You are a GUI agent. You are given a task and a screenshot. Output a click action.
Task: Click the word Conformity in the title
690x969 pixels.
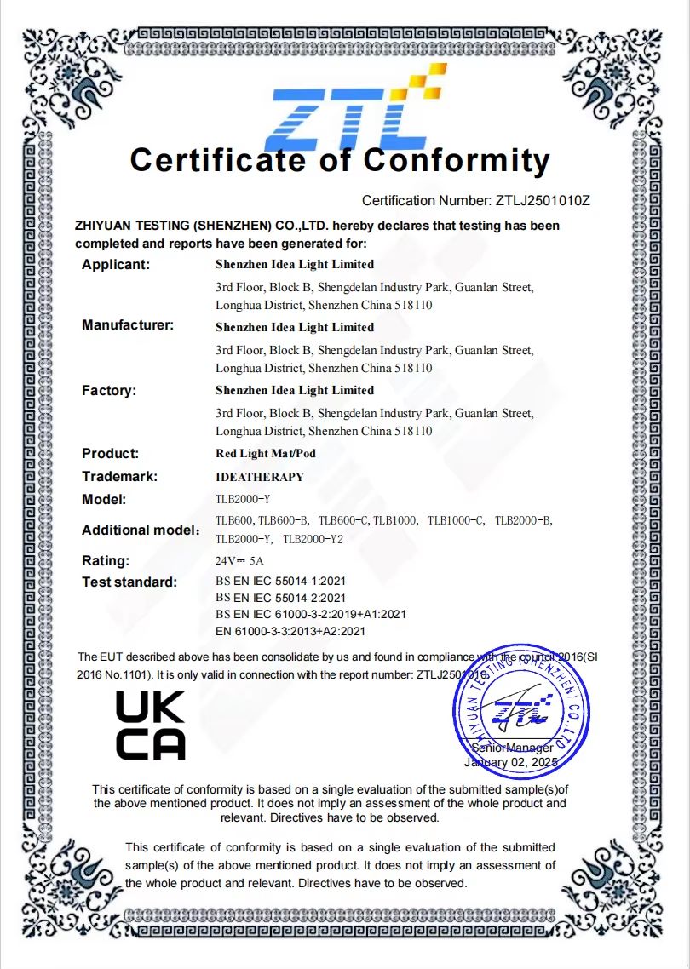[457, 159]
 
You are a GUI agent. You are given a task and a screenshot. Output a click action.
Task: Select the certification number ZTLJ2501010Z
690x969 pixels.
[543, 201]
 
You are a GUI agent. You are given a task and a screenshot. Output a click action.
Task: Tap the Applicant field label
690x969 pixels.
[116, 264]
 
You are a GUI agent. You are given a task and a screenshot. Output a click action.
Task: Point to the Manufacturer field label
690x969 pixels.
[128, 324]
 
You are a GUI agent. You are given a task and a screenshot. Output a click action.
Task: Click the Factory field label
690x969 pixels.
[109, 390]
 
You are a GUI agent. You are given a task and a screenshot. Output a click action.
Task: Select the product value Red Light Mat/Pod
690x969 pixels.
[266, 454]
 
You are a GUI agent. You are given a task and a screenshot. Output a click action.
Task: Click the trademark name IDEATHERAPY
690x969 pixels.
[260, 477]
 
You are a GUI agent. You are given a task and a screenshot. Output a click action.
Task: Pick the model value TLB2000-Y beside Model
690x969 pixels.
[243, 500]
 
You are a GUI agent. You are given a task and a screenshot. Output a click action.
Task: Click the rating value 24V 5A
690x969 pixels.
[239, 561]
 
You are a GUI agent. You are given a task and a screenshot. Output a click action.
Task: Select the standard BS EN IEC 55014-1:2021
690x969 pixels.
[280, 582]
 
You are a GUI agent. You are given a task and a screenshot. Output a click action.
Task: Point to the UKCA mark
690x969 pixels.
[150, 725]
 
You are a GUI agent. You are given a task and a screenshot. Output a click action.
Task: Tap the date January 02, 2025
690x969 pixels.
[510, 763]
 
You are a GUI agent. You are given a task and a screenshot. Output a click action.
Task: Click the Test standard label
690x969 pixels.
[129, 582]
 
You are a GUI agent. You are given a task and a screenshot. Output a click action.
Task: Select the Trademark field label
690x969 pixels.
[120, 477]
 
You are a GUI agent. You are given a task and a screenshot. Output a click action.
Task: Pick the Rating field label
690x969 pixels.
[106, 560]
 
